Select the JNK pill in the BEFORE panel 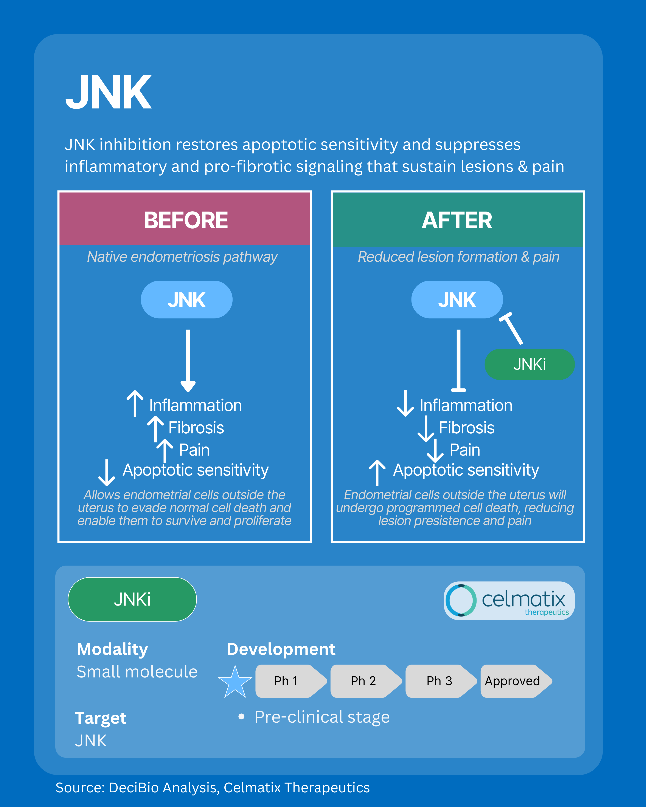coord(186,299)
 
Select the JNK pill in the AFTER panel coord(457,299)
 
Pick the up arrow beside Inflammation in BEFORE coord(135,403)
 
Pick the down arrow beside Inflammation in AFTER coord(405,403)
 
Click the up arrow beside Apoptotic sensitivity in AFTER coord(377,472)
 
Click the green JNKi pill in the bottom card coord(132,599)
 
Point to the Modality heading coord(112,649)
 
